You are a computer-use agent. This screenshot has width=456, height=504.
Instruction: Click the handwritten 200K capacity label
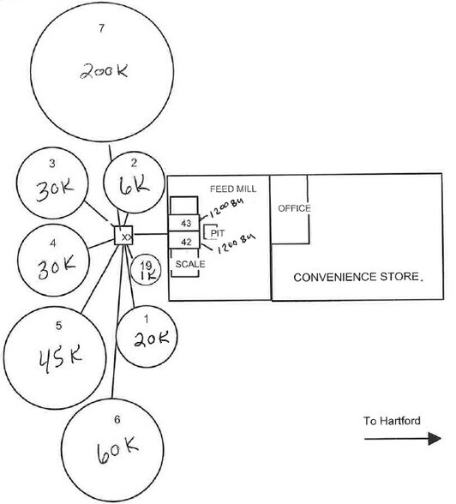[x=104, y=71]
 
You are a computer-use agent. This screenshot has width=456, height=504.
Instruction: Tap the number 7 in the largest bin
[x=101, y=28]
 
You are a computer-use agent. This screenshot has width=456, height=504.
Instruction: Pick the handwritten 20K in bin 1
[x=151, y=339]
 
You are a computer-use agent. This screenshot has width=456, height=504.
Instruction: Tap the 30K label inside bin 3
[x=55, y=190]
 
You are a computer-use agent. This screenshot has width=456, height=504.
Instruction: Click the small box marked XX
[x=123, y=236]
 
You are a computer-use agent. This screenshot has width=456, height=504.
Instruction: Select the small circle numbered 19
[x=145, y=269]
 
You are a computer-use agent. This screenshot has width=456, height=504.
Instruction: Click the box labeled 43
[x=184, y=223]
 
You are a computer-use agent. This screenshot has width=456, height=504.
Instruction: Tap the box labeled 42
[x=184, y=240]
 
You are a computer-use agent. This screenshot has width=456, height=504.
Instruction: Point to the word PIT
[x=217, y=233]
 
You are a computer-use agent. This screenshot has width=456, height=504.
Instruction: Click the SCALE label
[x=190, y=264]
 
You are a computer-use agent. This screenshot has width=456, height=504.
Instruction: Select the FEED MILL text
[x=233, y=189]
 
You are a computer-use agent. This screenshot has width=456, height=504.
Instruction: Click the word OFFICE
[x=294, y=208]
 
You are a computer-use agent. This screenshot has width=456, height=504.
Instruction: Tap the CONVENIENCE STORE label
[x=357, y=277]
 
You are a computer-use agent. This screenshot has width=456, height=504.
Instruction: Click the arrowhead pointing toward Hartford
[x=435, y=439]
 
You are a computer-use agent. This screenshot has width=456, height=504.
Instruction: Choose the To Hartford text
[x=392, y=421]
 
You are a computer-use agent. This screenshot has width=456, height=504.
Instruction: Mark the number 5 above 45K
[x=58, y=326]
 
